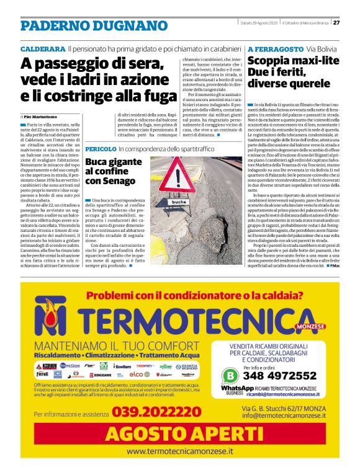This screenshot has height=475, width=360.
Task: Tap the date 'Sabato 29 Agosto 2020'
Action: (258, 24)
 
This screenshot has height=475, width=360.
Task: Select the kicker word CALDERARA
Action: (43, 48)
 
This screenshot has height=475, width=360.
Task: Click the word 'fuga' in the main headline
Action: (156, 97)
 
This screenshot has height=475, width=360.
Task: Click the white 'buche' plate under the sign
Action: (179, 202)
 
